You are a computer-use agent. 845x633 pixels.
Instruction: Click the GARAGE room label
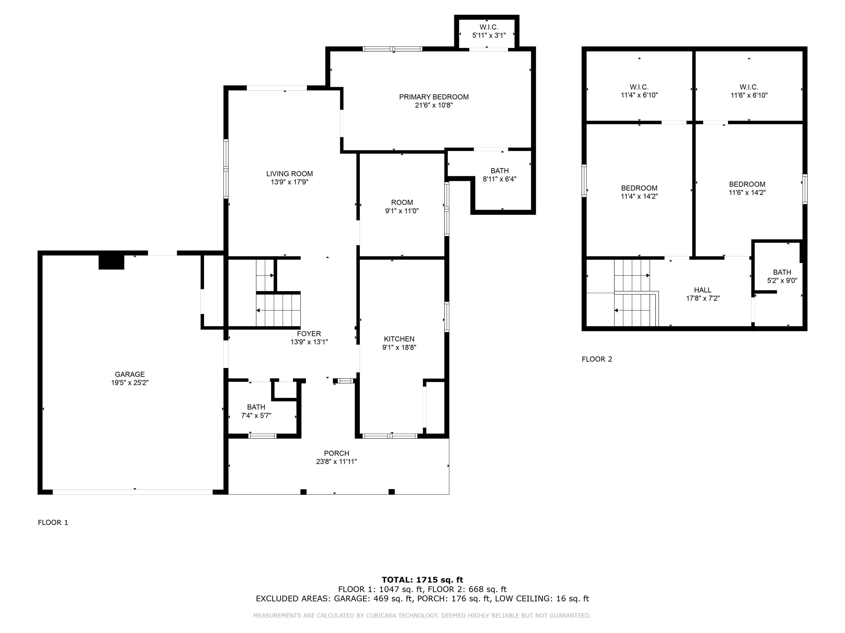coord(130,374)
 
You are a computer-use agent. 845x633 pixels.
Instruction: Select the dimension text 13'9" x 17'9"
coord(289,182)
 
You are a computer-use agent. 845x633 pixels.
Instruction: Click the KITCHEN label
coord(399,339)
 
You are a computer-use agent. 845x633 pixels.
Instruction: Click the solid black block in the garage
coord(111,262)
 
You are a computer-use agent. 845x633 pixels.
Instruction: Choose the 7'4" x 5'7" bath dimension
coord(256,416)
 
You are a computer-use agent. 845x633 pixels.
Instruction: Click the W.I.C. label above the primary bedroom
coord(489,27)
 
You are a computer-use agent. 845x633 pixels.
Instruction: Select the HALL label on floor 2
coord(702,290)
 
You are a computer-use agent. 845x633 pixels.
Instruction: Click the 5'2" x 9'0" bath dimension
coord(782,281)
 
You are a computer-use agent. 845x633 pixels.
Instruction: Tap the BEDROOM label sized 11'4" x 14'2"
coord(639,188)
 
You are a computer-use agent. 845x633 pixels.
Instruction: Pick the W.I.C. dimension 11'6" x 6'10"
coord(749,95)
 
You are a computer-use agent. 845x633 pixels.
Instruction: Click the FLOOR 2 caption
coord(597,359)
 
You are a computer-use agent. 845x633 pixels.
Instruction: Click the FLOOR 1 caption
coord(53,522)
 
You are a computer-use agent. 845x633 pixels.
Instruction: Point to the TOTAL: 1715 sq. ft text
coord(422,580)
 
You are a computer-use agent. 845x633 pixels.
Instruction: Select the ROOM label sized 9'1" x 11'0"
coord(402,203)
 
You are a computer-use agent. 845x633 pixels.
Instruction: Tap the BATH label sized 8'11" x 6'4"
coord(499,170)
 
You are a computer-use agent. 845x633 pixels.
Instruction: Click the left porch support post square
coord(303,492)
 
